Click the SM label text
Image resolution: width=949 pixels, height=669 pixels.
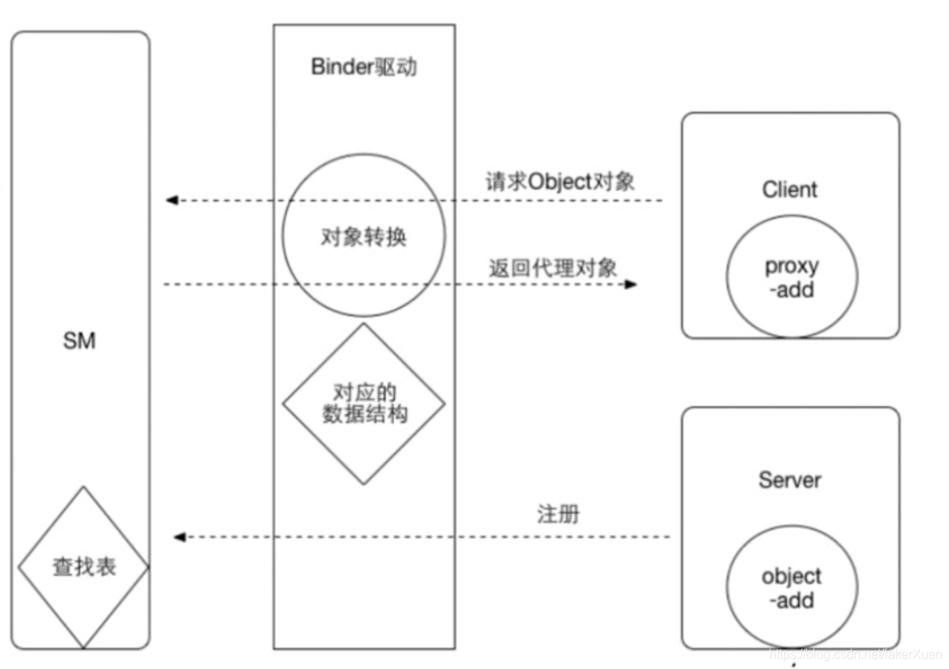[79, 341]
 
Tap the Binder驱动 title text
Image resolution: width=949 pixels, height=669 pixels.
[364, 67]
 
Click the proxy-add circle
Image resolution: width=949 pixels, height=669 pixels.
[792, 278]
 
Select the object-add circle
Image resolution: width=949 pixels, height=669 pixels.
[792, 587]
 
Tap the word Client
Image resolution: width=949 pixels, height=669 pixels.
[789, 190]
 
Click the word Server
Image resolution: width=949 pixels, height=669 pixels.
[789, 480]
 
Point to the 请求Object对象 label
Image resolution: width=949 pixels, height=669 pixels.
[560, 182]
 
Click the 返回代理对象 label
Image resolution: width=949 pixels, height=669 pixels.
[553, 267]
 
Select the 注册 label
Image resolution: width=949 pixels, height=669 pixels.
[558, 514]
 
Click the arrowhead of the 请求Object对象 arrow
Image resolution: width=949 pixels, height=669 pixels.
[172, 200]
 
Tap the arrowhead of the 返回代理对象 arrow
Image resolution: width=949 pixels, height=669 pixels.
[631, 284]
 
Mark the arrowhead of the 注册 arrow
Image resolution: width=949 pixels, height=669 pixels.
[179, 537]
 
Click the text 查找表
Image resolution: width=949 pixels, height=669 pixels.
[84, 567]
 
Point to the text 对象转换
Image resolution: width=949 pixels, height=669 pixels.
[364, 236]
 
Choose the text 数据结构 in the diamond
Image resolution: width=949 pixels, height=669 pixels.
[364, 414]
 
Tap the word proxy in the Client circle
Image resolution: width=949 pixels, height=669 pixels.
[792, 267]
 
